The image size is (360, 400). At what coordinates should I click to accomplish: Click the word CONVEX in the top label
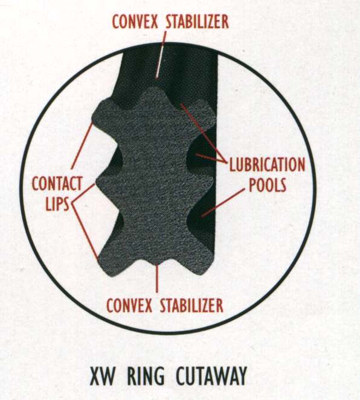[135, 22]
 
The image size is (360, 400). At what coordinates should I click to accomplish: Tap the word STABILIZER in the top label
[198, 22]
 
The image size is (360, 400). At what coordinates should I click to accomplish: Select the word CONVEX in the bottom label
[129, 305]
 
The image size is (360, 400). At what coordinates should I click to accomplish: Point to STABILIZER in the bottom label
[191, 305]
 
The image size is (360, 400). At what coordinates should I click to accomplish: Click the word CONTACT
[57, 183]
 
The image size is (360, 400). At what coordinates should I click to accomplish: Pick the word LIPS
[57, 203]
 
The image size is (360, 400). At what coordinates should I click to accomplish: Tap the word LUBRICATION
[268, 165]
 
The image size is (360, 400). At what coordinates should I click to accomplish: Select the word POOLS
[268, 185]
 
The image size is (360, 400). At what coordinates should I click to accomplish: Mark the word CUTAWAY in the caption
[212, 376]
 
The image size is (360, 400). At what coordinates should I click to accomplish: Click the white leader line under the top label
[161, 54]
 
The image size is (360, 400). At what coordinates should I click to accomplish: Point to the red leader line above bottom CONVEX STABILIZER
[157, 279]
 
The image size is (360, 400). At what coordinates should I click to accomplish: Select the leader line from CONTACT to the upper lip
[82, 145]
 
